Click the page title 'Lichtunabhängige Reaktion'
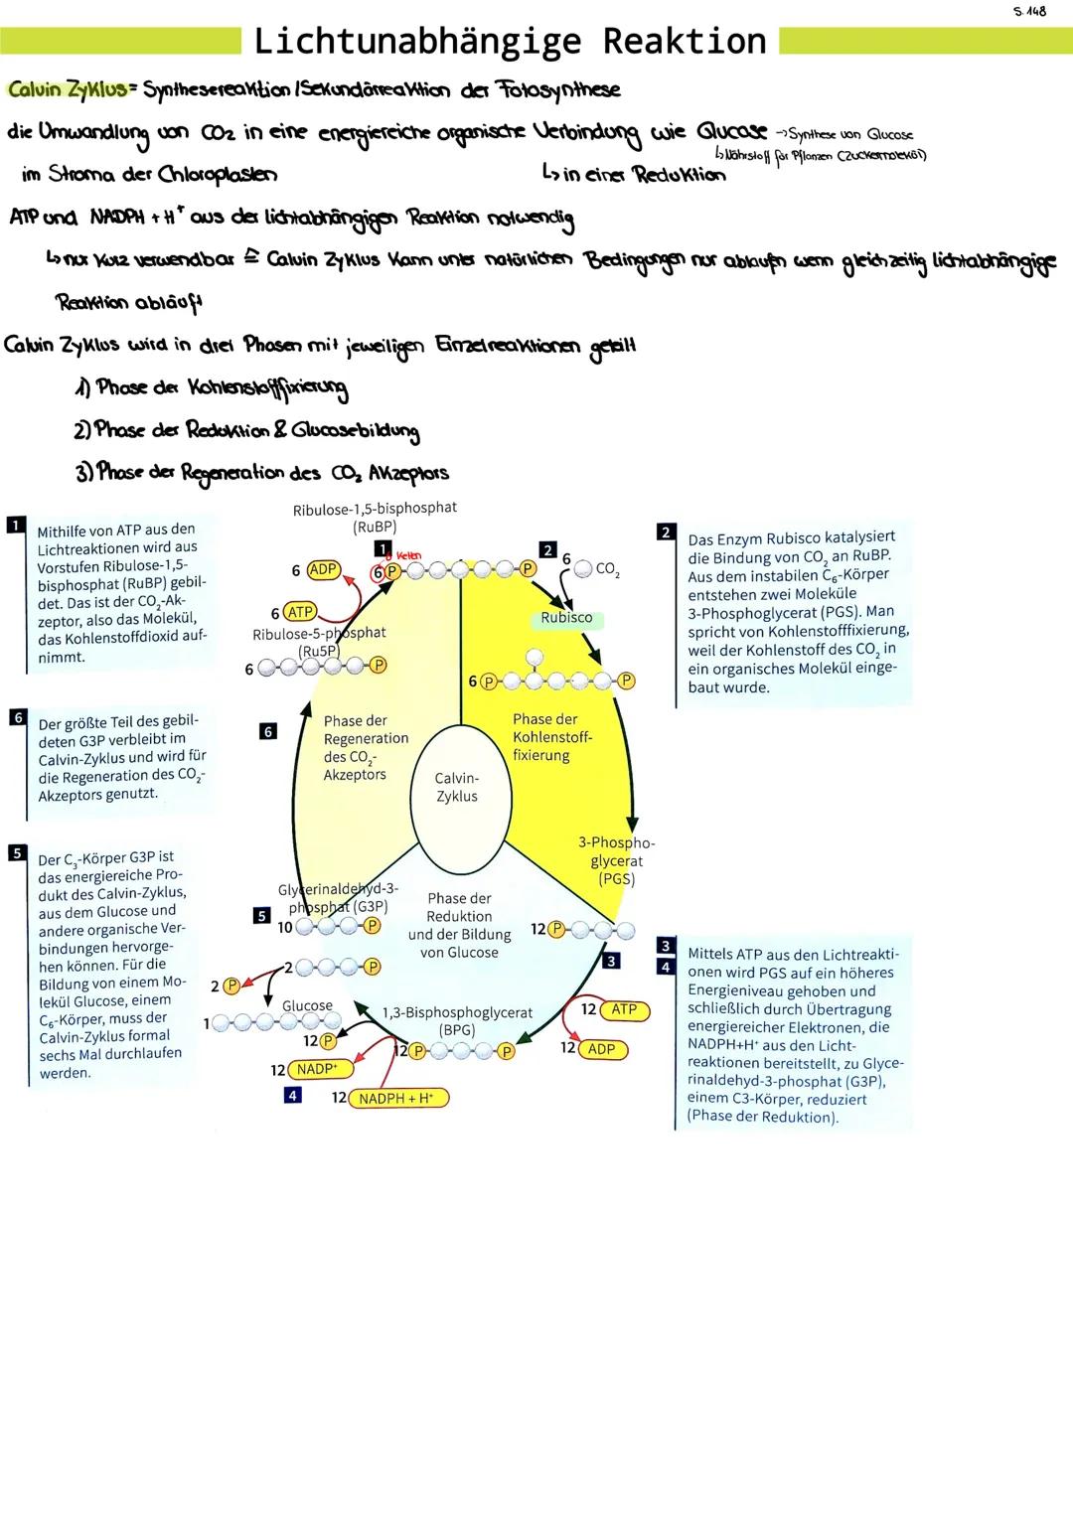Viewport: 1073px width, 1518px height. (511, 42)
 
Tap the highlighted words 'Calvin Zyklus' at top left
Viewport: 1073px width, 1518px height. (69, 89)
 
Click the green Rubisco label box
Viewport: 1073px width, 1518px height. (566, 618)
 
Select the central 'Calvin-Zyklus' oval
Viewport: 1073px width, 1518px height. (457, 788)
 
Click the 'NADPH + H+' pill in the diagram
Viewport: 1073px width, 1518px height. (397, 1098)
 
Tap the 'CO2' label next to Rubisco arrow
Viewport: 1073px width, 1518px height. (607, 570)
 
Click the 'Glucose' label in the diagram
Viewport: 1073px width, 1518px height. (307, 1005)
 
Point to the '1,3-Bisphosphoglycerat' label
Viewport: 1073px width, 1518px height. (457, 1013)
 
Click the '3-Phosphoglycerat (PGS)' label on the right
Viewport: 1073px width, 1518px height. (616, 860)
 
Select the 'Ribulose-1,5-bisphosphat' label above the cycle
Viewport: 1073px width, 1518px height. (375, 508)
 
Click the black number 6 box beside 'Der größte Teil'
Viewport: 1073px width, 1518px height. (17, 716)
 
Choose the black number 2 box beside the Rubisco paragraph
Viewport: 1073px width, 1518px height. (666, 532)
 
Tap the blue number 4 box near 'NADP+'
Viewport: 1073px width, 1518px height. (292, 1095)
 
